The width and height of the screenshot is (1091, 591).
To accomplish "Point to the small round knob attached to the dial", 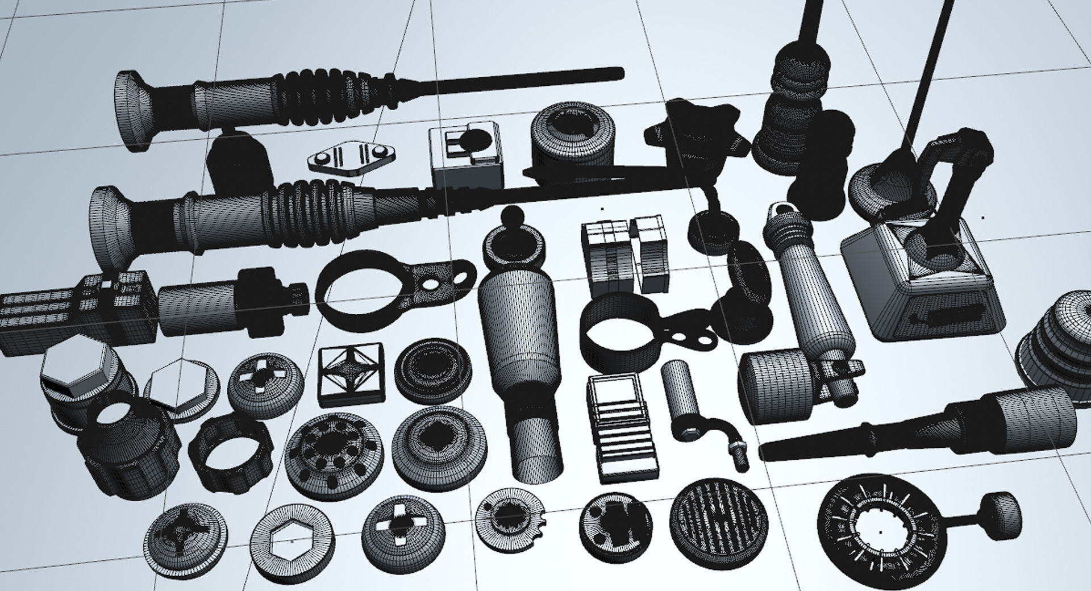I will [1001, 514].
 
